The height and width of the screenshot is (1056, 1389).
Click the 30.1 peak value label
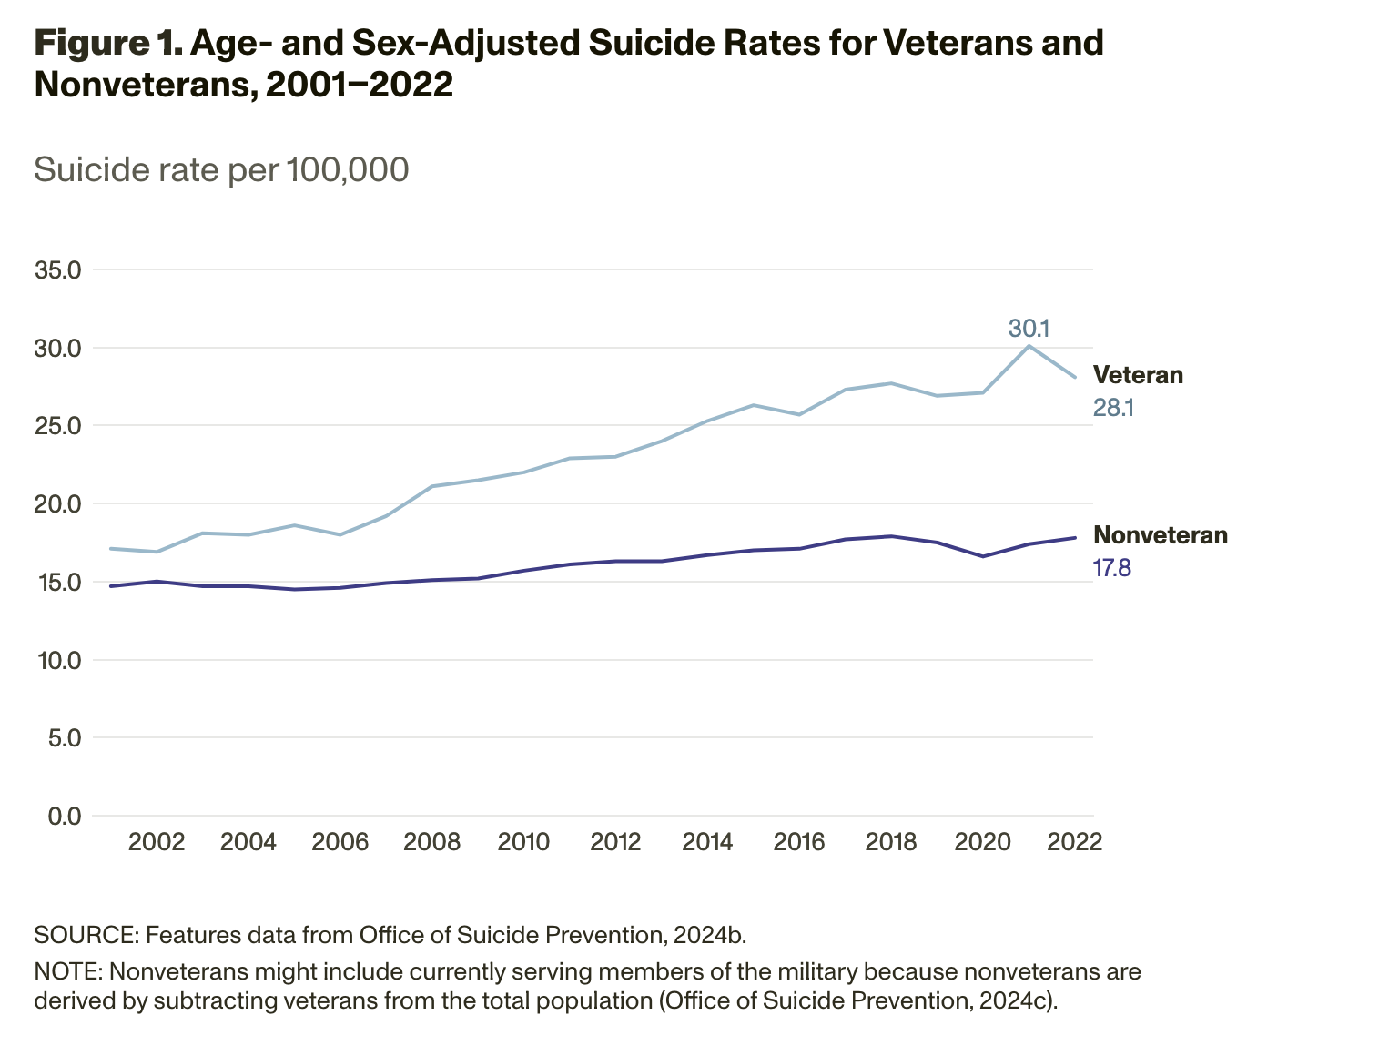(x=1029, y=328)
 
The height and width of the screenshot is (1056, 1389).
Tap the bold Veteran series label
(x=1138, y=375)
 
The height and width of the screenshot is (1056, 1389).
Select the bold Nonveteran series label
(x=1160, y=535)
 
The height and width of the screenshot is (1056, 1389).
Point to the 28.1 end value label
(x=1112, y=408)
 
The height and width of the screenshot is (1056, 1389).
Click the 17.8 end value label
(x=1111, y=569)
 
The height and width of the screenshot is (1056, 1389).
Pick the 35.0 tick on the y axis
(x=57, y=270)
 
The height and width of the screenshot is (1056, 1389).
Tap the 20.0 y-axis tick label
(x=57, y=504)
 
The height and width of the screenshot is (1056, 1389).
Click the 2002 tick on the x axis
(x=157, y=841)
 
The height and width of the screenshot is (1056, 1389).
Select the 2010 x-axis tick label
(x=523, y=841)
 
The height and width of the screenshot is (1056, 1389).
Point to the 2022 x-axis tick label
(x=1075, y=841)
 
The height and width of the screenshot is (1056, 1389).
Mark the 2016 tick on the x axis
(x=799, y=841)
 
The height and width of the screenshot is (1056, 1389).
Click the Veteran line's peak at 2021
(x=1029, y=346)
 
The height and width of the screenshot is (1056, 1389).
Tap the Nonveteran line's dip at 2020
(x=983, y=556)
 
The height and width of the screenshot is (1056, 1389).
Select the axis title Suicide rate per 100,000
(x=221, y=169)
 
